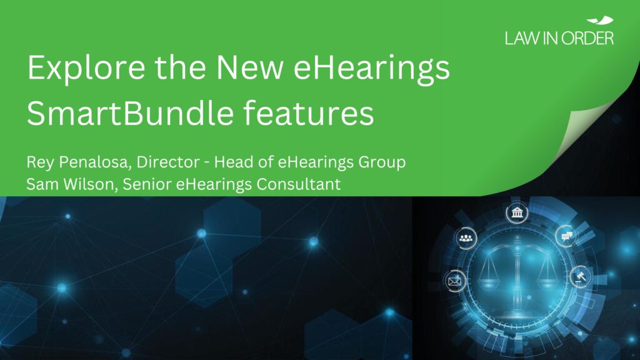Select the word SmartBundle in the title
pos(130,113)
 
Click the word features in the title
pos(309,113)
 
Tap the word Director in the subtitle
pos(167,162)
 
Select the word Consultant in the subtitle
pos(299,184)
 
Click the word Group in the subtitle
pos(382,162)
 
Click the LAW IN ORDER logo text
pos(559,38)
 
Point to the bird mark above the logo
pos(600,21)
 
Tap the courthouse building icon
pos(517,212)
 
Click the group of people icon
pos(466,238)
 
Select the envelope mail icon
pos(454,281)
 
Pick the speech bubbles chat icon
pos(566,236)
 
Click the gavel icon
pos(580,277)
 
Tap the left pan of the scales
pos(489,282)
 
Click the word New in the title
pos(249,67)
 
